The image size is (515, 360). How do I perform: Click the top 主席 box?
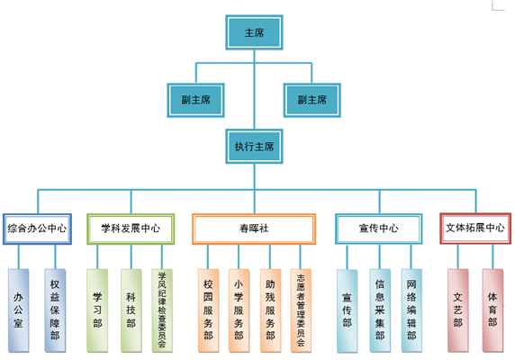254,32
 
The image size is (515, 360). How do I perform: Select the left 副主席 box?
195,100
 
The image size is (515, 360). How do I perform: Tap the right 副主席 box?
312,100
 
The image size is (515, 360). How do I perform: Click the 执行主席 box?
254,147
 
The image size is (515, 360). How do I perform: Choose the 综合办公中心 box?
37,229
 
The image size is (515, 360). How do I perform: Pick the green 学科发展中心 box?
131,229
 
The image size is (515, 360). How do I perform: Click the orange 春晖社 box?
254,229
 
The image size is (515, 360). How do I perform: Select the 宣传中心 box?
379,229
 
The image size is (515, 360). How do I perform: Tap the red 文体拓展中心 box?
475,228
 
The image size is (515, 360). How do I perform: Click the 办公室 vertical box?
18,310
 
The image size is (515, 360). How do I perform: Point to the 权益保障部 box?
55,310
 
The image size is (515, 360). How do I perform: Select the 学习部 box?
97,310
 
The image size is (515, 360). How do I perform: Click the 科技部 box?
131,310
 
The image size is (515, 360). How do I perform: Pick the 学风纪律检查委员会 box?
162,310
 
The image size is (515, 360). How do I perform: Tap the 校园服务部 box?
208,310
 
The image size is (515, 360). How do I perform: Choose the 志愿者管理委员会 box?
301,310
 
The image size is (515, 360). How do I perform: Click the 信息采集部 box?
380,310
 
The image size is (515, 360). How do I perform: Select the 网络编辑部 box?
411,310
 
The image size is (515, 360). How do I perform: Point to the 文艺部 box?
458,310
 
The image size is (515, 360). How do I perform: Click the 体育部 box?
492,310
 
